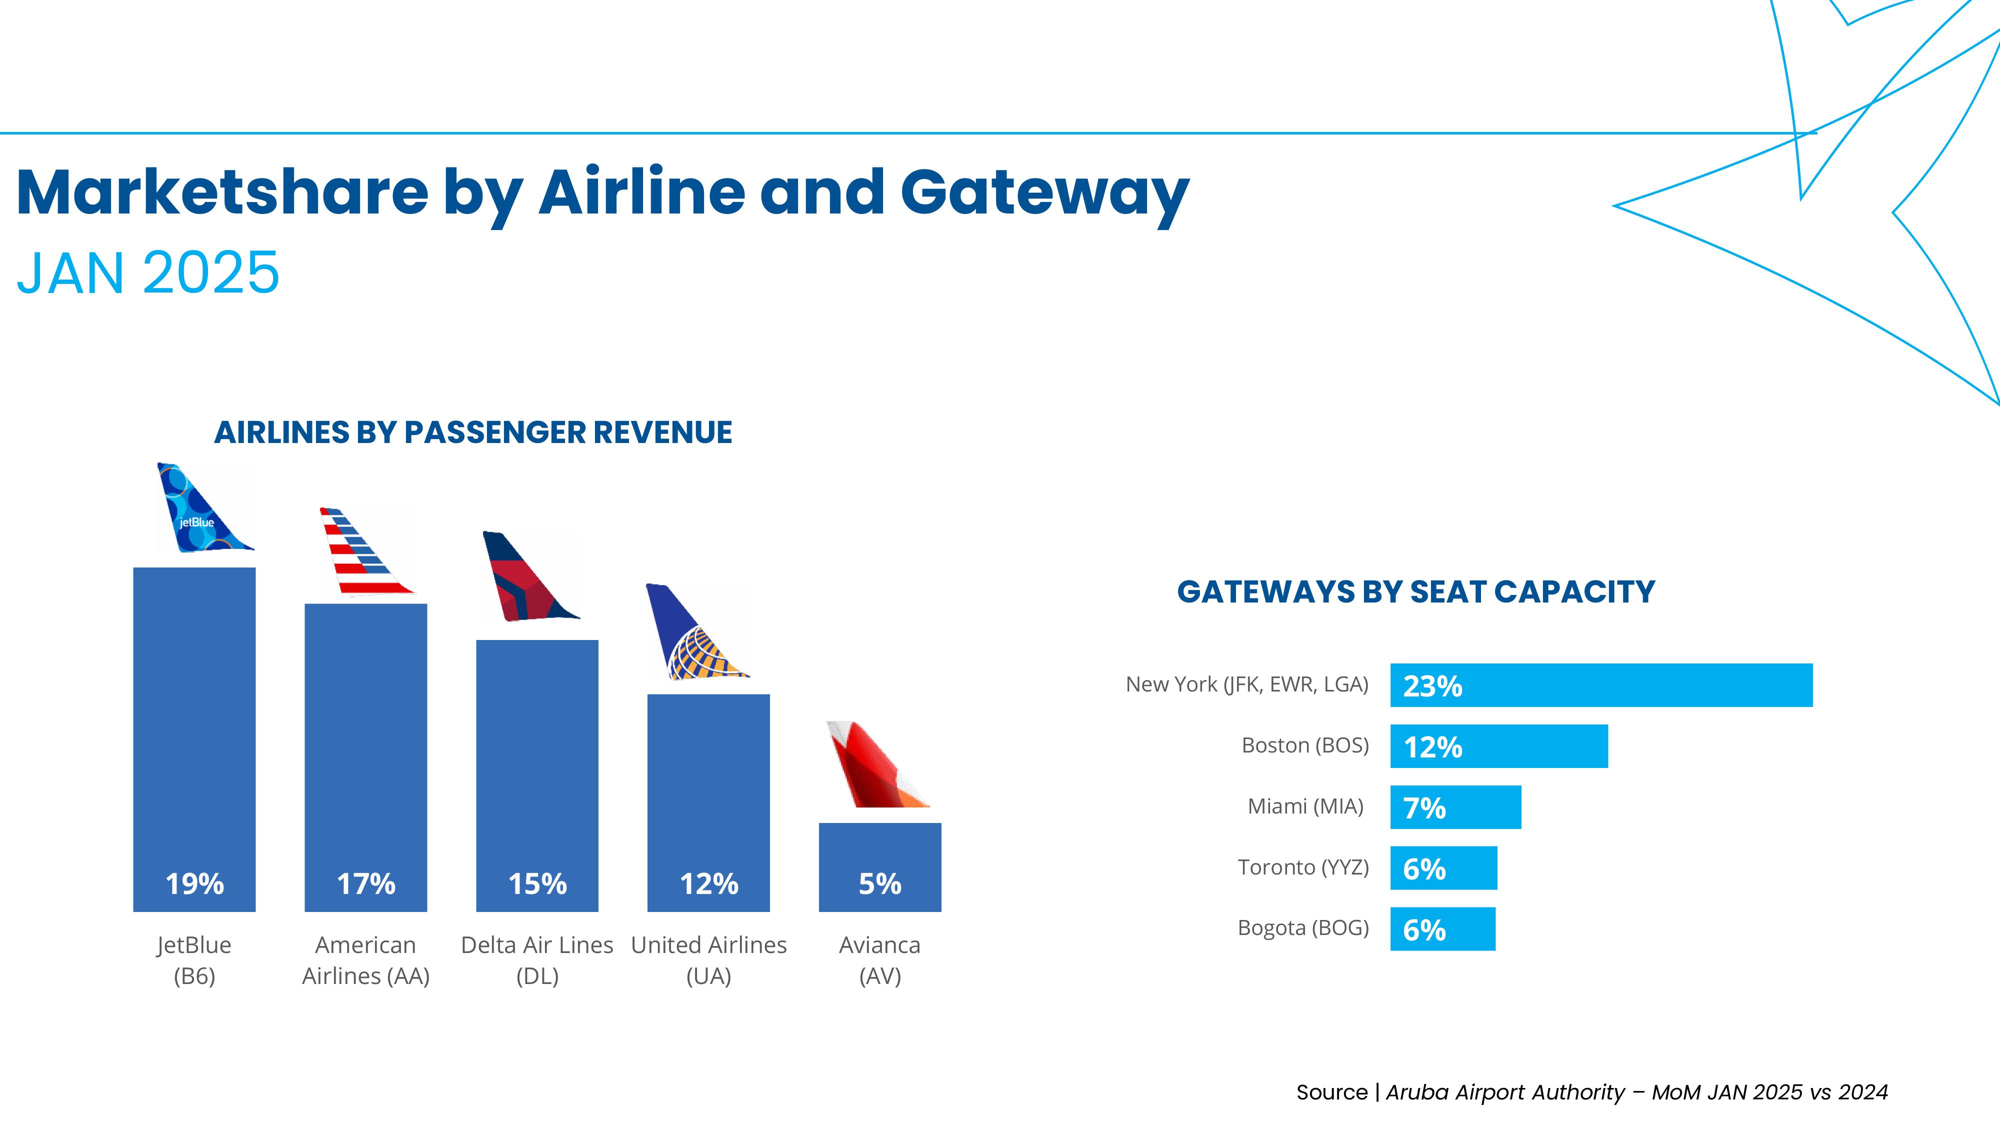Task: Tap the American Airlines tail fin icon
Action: coord(362,553)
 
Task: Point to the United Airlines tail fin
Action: coord(692,633)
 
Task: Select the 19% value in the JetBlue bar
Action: coord(194,883)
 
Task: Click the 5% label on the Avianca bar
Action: coord(879,883)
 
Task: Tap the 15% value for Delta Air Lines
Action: coord(537,883)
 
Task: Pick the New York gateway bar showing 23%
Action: coord(1601,685)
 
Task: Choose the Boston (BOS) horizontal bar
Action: coord(1498,746)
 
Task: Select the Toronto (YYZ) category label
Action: coord(1303,867)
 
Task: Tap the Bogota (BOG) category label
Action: coord(1303,928)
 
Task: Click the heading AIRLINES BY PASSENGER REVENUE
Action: coord(473,432)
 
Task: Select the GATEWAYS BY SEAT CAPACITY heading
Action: coord(1416,591)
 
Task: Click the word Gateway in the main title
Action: coord(1044,193)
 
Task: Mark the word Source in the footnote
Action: coord(1331,1092)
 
